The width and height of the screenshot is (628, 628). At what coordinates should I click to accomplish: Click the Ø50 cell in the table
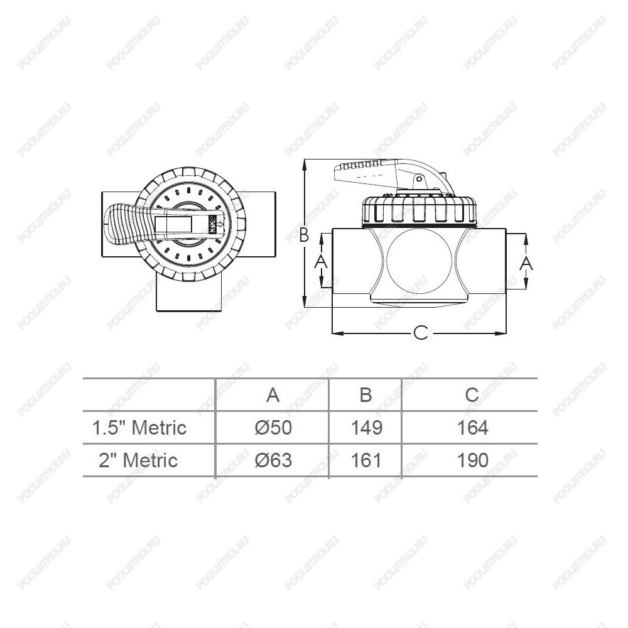(x=273, y=428)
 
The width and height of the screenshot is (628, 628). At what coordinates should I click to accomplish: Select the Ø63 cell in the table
(x=273, y=460)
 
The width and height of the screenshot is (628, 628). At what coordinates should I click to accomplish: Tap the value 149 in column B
(x=367, y=428)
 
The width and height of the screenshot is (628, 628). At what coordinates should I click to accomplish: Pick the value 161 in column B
(x=367, y=460)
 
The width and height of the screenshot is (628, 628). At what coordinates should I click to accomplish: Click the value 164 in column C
(x=473, y=428)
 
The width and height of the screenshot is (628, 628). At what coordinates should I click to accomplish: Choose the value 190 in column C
(x=473, y=460)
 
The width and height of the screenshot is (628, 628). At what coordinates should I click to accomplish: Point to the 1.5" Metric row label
(x=139, y=428)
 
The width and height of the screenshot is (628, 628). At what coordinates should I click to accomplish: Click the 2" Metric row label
(x=138, y=460)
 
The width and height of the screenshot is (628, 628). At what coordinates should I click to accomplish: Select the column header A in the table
(x=273, y=395)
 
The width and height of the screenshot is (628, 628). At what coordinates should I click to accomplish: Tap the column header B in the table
(x=365, y=395)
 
